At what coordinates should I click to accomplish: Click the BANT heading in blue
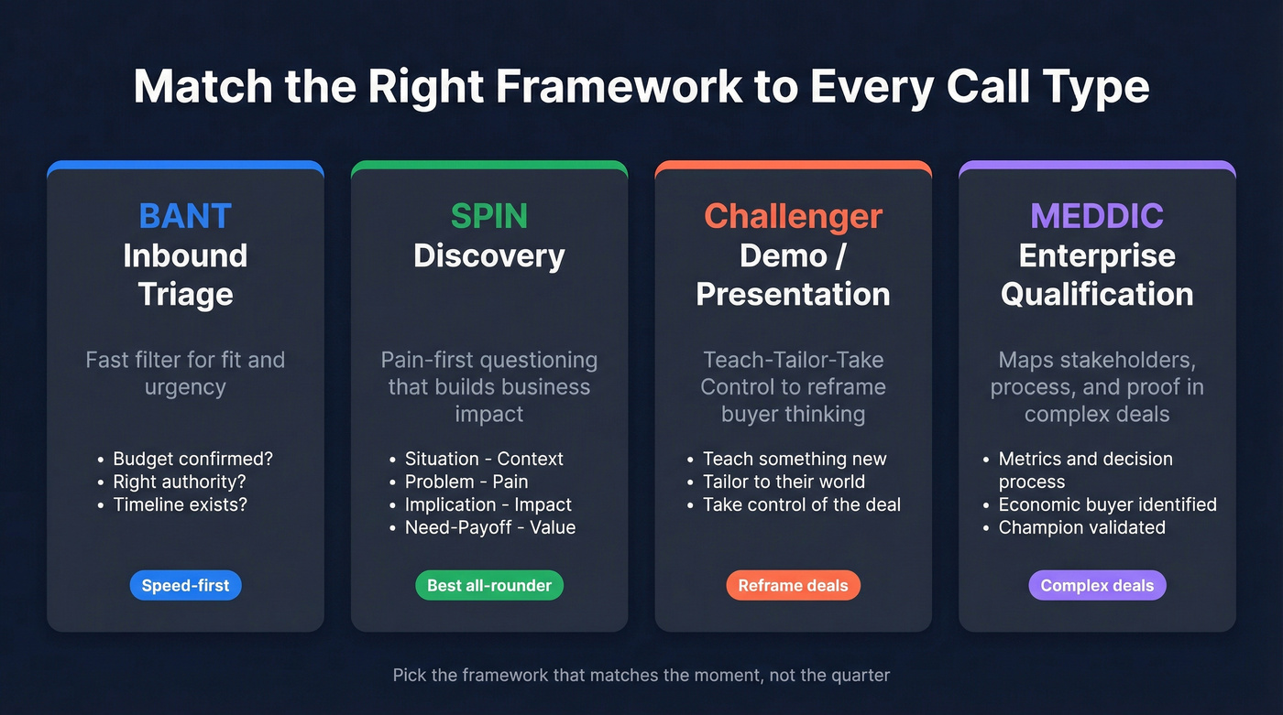pyautogui.click(x=185, y=216)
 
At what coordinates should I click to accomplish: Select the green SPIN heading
pyautogui.click(x=488, y=216)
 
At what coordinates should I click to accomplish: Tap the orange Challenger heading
pyautogui.click(x=793, y=216)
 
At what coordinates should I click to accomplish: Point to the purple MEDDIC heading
pyautogui.click(x=1097, y=216)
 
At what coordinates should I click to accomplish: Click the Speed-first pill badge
pyautogui.click(x=185, y=586)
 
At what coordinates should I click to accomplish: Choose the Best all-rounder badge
pyautogui.click(x=489, y=586)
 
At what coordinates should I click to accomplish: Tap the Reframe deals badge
pyautogui.click(x=793, y=586)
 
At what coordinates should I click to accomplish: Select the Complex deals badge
pyautogui.click(x=1097, y=586)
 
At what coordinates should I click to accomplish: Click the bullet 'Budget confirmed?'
pyautogui.click(x=192, y=459)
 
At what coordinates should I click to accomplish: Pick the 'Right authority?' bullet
pyautogui.click(x=180, y=482)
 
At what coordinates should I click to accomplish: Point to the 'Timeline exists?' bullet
pyautogui.click(x=180, y=504)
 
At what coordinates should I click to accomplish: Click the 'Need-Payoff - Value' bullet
pyautogui.click(x=490, y=527)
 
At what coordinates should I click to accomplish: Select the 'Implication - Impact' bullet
pyautogui.click(x=488, y=504)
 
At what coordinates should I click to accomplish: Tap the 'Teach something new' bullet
pyautogui.click(x=795, y=459)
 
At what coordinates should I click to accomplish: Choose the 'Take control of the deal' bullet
pyautogui.click(x=802, y=504)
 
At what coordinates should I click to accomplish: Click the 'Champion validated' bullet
pyautogui.click(x=1081, y=527)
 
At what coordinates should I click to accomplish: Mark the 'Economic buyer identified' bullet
pyautogui.click(x=1107, y=504)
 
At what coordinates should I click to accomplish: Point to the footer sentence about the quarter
pyautogui.click(x=641, y=676)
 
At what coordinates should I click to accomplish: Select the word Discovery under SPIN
pyautogui.click(x=488, y=255)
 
